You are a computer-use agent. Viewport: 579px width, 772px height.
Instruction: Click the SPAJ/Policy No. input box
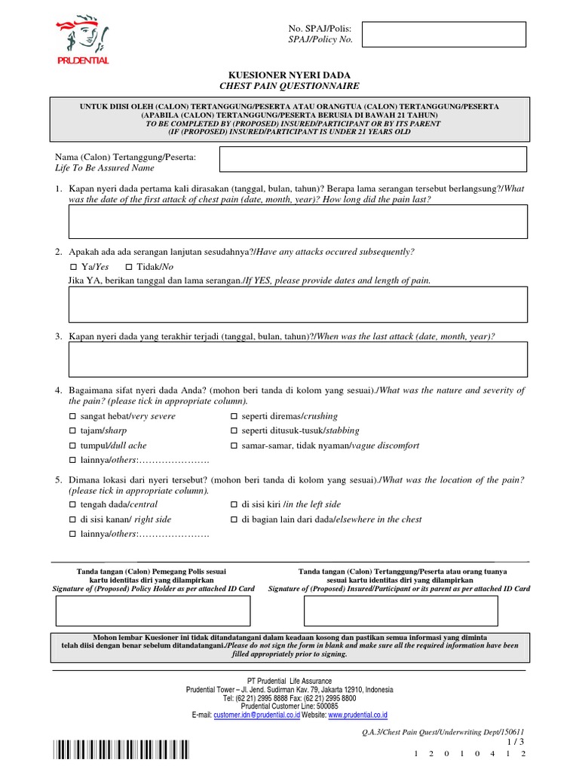tap(444, 34)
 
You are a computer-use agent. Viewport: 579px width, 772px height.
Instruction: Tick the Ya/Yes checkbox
tap(73, 267)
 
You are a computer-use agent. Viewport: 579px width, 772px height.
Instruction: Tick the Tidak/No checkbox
tap(129, 267)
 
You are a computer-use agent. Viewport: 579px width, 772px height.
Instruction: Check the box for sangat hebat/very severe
tap(73, 416)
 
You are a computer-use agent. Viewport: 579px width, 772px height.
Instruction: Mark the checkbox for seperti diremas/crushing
tap(234, 416)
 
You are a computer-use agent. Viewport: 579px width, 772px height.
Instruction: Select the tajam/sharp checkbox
tap(73, 430)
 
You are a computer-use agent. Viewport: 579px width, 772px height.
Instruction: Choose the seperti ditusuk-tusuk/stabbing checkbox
tap(234, 430)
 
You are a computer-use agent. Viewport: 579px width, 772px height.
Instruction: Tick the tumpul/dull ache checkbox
tap(73, 446)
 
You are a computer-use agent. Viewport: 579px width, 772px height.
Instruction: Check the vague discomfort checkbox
tap(234, 446)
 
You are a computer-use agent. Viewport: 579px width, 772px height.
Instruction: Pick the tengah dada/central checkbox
tap(73, 504)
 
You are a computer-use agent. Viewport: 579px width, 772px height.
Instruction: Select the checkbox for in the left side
tap(234, 504)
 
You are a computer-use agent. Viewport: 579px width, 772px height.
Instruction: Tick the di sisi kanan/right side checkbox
tap(73, 519)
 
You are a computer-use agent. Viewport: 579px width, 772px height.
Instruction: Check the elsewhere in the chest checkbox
tap(234, 519)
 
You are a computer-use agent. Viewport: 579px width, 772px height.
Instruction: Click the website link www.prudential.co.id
tap(357, 715)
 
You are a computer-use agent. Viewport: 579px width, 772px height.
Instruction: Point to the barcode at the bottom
tap(121, 751)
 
